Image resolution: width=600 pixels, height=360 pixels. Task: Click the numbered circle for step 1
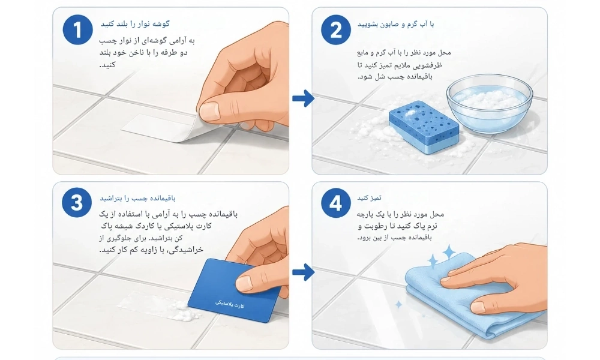[77, 30]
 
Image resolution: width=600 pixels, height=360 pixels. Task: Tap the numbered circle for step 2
[336, 30]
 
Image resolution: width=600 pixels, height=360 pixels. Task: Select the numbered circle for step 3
[77, 203]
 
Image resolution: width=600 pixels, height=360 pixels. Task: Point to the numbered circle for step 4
[335, 203]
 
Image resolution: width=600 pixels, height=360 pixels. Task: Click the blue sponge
[424, 127]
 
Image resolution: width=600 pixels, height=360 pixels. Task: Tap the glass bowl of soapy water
[490, 103]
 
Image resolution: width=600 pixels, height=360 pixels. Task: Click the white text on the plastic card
[230, 305]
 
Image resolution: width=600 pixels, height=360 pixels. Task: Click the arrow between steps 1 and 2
[303, 98]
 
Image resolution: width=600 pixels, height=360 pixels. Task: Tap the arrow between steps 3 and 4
[303, 272]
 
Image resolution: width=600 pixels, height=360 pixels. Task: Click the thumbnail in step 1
[209, 111]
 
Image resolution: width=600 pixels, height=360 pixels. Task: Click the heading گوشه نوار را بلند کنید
[135, 24]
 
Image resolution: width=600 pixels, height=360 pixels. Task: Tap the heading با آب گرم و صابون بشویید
[395, 24]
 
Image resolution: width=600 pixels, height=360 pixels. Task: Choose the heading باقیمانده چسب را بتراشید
[138, 198]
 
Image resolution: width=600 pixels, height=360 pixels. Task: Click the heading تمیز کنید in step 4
[369, 198]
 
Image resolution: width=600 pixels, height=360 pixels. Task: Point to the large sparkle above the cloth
[449, 253]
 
